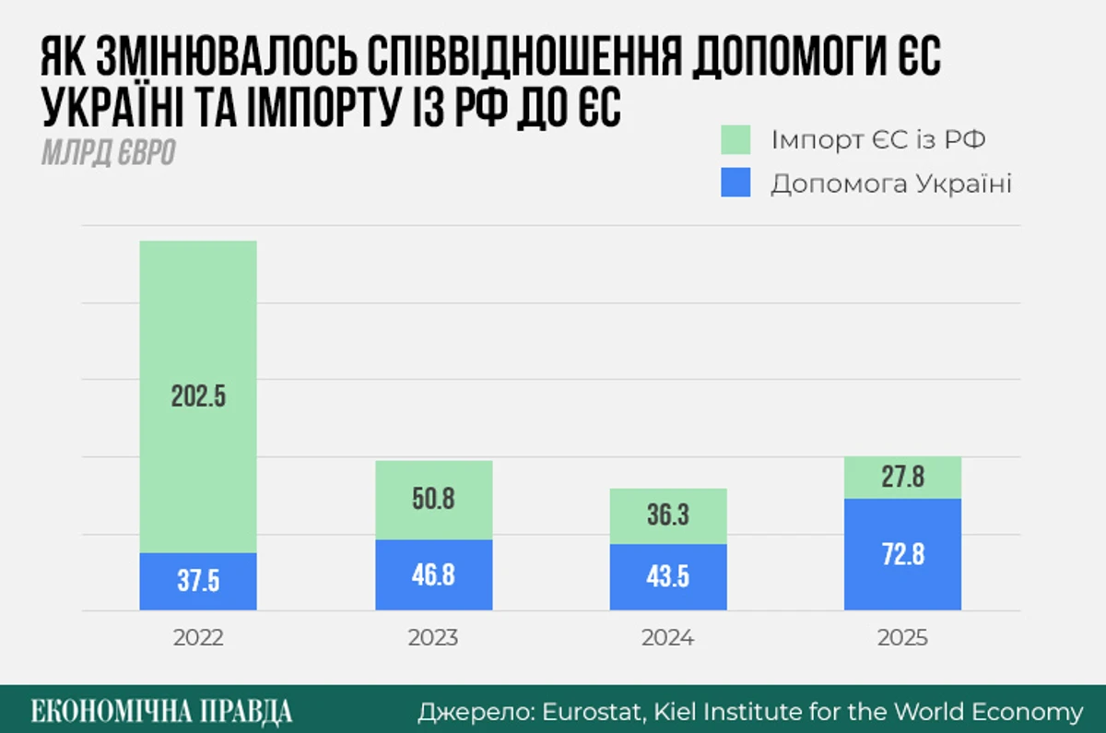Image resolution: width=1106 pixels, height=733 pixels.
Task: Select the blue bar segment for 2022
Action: click(x=198, y=581)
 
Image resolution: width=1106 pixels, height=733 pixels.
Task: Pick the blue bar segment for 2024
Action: click(x=669, y=577)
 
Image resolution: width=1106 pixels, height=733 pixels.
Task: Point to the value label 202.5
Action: click(x=198, y=396)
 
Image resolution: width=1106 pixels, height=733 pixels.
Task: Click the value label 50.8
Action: click(x=433, y=501)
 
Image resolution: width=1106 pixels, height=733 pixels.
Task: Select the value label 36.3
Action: click(x=669, y=514)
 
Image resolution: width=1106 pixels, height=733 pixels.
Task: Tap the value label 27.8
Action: click(x=903, y=478)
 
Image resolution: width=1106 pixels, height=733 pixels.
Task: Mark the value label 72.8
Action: click(x=903, y=555)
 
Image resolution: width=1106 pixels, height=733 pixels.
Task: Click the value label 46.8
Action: click(x=433, y=573)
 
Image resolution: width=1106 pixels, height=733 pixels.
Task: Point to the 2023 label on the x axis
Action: click(x=433, y=638)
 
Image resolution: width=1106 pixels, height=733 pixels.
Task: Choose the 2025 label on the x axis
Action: click(x=903, y=638)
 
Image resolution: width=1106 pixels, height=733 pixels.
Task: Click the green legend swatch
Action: click(x=735, y=141)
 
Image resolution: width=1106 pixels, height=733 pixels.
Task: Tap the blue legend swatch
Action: click(x=735, y=183)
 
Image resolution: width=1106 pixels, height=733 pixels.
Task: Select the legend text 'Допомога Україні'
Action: click(x=891, y=183)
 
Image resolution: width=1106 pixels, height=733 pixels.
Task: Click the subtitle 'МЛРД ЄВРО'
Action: click(x=108, y=154)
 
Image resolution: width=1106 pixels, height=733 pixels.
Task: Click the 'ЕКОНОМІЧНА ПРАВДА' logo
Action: click(x=162, y=711)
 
